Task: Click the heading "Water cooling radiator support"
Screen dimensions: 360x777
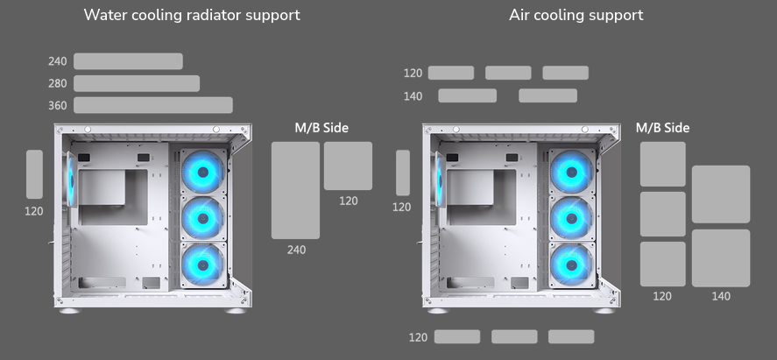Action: click(x=191, y=15)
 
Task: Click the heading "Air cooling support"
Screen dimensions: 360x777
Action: click(x=576, y=15)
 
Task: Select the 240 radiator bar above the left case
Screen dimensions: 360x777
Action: click(x=128, y=61)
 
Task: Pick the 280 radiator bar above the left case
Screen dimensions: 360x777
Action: click(x=137, y=83)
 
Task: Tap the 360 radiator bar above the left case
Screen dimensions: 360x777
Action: click(x=153, y=105)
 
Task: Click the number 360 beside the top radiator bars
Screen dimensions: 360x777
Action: click(x=58, y=106)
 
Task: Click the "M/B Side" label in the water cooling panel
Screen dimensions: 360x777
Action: click(x=321, y=128)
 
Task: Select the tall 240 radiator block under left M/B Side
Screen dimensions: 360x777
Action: click(x=295, y=190)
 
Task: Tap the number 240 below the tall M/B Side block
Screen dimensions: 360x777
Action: click(x=296, y=250)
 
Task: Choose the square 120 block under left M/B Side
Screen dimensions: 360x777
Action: click(x=348, y=166)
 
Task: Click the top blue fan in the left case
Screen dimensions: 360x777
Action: click(x=203, y=172)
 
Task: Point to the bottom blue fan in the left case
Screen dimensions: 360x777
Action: click(x=203, y=264)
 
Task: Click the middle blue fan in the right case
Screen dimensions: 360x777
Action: click(x=571, y=217)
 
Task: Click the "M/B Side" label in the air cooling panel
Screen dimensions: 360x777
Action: click(x=662, y=128)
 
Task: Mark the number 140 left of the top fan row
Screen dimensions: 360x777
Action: click(x=413, y=96)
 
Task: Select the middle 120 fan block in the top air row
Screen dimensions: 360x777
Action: click(x=508, y=73)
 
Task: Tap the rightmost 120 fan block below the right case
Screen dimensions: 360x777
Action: click(x=571, y=336)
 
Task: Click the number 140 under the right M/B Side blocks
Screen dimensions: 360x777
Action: click(x=721, y=296)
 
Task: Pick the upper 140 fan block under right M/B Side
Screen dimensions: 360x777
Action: click(x=721, y=194)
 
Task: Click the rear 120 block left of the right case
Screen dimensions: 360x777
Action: click(x=403, y=173)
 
